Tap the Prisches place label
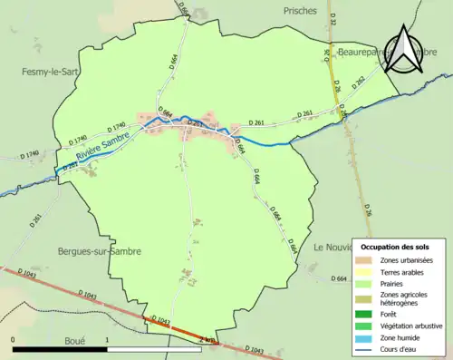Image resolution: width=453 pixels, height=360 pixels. tap(300, 11)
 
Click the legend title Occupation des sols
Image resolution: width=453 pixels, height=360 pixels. tap(399, 247)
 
